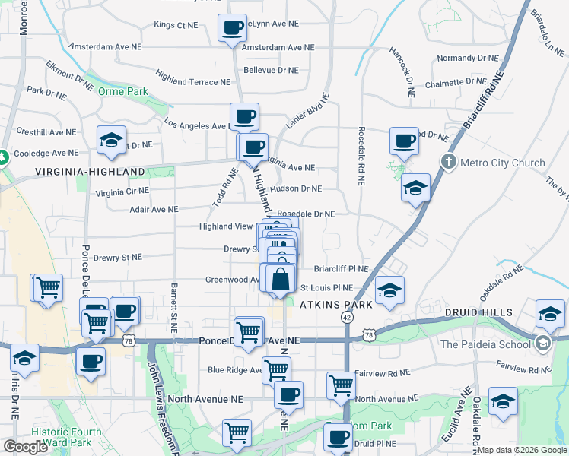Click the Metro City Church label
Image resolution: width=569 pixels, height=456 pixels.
click(x=503, y=163)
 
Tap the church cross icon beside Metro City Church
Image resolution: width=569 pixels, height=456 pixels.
click(x=449, y=162)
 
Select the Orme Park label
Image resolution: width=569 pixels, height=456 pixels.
click(x=122, y=91)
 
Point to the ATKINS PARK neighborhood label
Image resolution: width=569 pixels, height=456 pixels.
click(x=335, y=305)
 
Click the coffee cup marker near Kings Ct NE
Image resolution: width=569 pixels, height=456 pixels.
click(x=233, y=28)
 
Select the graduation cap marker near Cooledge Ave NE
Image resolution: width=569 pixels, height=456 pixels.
click(x=111, y=140)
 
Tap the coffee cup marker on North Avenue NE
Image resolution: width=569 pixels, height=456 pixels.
click(x=288, y=394)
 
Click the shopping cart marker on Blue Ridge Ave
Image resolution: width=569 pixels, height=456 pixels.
click(x=276, y=370)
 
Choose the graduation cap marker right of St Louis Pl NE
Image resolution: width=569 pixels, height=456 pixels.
click(x=389, y=290)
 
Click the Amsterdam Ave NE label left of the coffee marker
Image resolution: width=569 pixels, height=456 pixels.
click(x=105, y=46)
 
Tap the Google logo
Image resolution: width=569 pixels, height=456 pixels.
click(x=25, y=447)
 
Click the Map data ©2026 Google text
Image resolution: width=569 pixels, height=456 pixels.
click(x=522, y=450)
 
